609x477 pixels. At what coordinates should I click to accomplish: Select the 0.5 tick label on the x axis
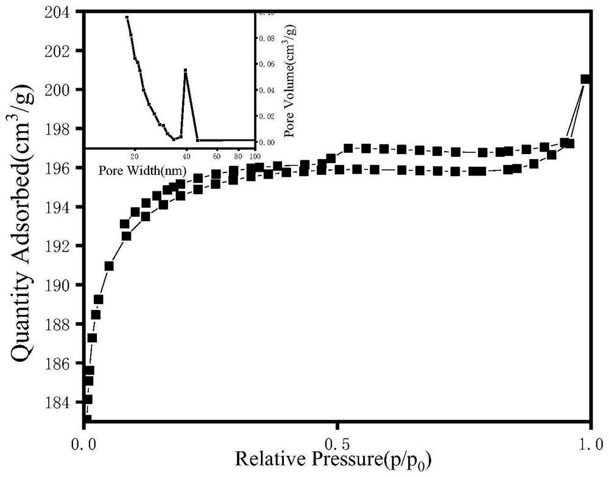tap(337, 439)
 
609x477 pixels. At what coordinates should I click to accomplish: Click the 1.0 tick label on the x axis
tap(590, 439)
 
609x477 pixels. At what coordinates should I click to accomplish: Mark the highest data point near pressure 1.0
tap(586, 79)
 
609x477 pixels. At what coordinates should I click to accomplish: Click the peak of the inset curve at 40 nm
tap(185, 70)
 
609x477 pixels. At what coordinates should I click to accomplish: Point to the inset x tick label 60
tap(216, 155)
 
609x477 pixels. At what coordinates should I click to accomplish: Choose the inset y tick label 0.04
tap(267, 90)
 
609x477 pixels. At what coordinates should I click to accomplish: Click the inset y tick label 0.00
tap(267, 141)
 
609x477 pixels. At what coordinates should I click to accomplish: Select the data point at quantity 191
tap(109, 266)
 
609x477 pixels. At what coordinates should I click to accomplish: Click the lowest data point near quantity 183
tap(86, 419)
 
